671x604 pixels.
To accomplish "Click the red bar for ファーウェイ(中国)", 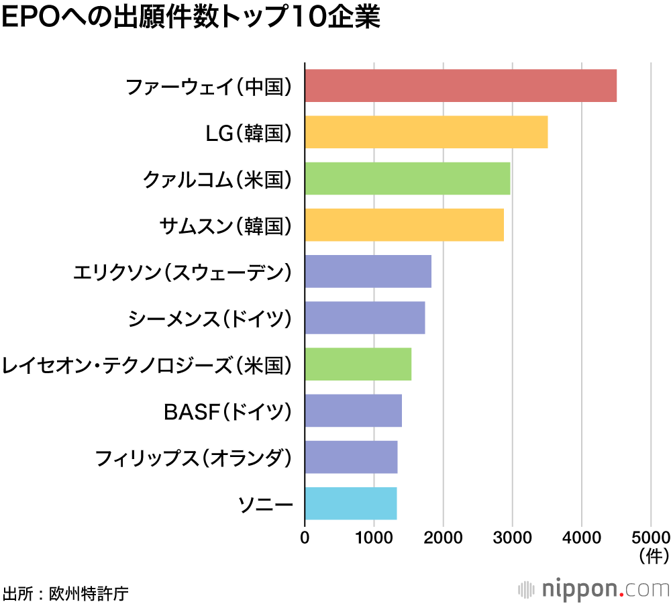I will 460,86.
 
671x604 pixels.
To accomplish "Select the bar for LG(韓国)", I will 426,132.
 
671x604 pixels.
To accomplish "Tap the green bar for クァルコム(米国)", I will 407,179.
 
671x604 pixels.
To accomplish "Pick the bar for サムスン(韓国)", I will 404,225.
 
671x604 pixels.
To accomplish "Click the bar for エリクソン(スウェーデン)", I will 368,271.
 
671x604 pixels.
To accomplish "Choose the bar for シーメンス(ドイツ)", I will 365,317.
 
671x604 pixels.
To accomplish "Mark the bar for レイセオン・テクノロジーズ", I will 358,364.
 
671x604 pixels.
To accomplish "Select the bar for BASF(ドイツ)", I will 353,410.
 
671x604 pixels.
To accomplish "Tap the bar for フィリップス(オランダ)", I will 351,456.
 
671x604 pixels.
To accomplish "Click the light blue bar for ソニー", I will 351,503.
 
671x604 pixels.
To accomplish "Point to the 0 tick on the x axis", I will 305,538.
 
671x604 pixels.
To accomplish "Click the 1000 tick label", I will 374,538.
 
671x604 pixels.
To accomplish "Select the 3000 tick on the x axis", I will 512,538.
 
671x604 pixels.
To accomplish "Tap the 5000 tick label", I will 650,538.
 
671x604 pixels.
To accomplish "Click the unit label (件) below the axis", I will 650,555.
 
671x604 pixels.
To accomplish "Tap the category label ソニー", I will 266,503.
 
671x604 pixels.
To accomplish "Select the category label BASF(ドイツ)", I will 228,411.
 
